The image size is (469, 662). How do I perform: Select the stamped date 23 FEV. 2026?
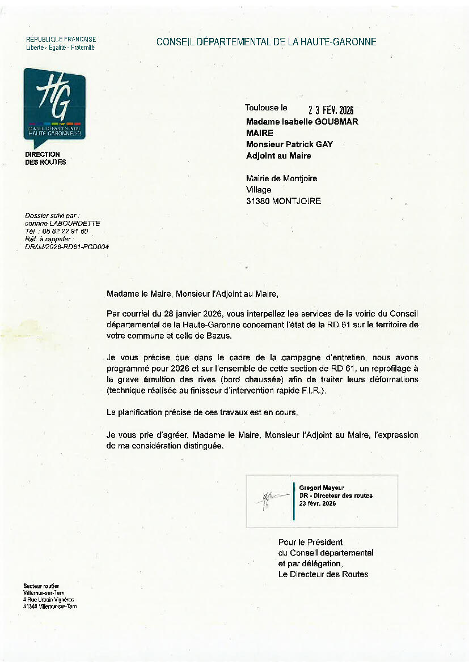[x=331, y=110]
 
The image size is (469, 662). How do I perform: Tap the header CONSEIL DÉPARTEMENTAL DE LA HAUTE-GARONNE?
[x=266, y=41]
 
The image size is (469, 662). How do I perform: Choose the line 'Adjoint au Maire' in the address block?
[x=278, y=156]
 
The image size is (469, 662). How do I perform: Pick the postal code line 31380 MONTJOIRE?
[x=283, y=201]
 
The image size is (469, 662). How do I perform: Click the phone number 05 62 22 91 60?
[x=65, y=231]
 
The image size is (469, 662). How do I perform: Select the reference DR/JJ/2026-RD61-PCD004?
[x=67, y=247]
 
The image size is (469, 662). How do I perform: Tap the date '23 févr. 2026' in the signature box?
[x=318, y=503]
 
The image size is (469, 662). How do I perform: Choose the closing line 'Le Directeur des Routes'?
[x=323, y=574]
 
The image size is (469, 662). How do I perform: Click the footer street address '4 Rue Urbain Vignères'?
[x=49, y=599]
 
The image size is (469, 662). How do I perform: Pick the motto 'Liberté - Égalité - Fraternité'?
[x=61, y=48]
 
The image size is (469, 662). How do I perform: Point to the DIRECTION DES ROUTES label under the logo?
[x=45, y=158]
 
